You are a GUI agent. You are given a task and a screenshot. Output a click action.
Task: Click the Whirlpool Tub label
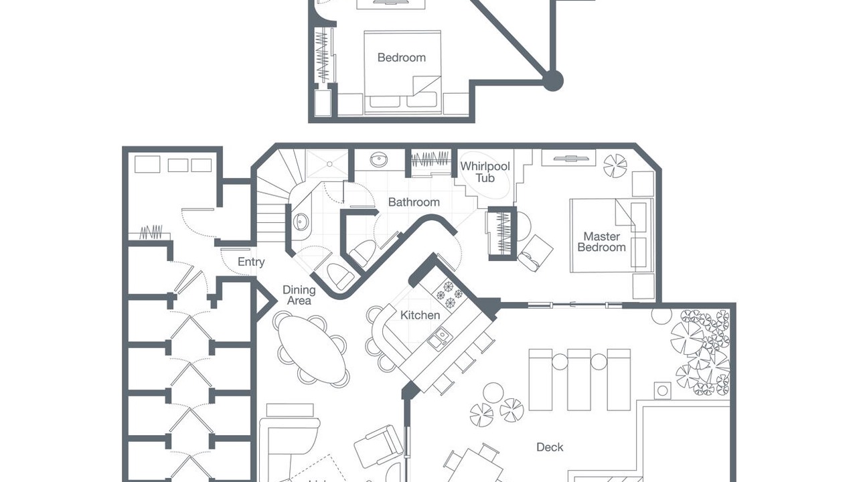pos(485,172)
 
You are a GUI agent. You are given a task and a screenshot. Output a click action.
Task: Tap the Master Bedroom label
pos(601,242)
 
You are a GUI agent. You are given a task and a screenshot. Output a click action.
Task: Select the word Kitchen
pos(420,315)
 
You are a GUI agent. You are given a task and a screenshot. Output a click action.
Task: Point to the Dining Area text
pos(299,295)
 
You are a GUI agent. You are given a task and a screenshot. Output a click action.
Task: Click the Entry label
pos(251,262)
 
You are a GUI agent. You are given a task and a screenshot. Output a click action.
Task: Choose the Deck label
pos(550,447)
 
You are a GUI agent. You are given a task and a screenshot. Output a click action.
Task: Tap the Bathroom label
pos(414,202)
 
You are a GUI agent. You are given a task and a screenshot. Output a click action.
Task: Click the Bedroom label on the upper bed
pos(401,58)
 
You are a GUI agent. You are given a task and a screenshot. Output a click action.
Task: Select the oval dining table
pos(312,349)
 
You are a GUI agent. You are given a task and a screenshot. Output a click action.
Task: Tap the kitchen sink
pos(439,338)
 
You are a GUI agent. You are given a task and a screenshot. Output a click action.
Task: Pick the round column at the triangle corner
pos(552,81)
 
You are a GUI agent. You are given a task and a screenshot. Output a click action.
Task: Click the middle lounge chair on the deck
pos(579,380)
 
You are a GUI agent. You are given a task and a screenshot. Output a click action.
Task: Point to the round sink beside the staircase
pos(301,222)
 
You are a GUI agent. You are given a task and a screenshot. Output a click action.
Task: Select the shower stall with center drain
pos(328,164)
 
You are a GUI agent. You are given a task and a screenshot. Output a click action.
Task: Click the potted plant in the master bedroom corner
pos(615,165)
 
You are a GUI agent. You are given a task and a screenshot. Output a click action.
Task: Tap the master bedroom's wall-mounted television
pos(568,158)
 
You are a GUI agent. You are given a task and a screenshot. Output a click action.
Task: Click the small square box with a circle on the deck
pos(662,390)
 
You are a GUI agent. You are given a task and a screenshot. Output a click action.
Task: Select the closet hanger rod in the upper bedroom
pos(323,55)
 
